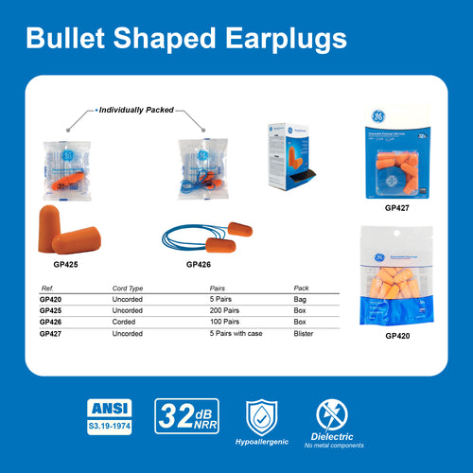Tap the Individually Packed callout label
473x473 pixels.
136,110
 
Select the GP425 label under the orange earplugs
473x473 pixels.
65,265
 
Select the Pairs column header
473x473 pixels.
218,288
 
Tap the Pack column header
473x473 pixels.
302,288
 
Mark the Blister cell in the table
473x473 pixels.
306,334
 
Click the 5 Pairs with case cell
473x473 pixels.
237,334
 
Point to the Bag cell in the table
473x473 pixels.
301,298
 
